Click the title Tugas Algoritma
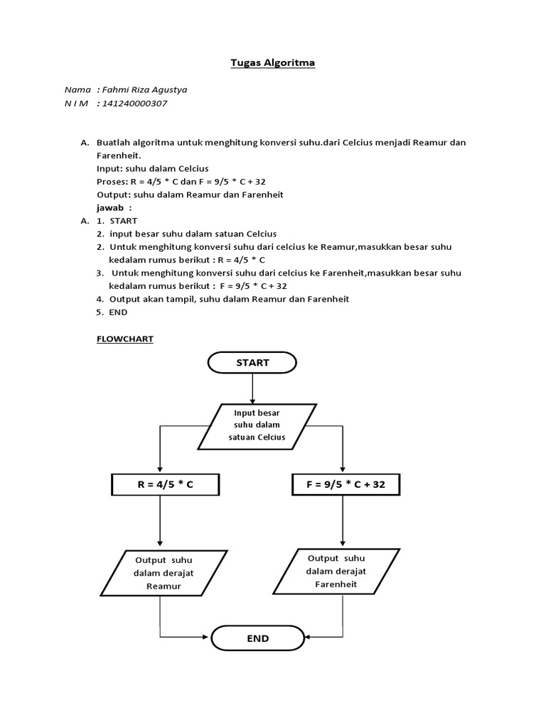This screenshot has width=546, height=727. click(x=272, y=62)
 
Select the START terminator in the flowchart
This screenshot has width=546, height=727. click(x=252, y=362)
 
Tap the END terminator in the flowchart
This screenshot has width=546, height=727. click(x=257, y=638)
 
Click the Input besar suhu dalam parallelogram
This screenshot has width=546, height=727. click(x=257, y=427)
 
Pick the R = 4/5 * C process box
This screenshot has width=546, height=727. click(x=165, y=485)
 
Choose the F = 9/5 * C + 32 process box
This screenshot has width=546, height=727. click(x=346, y=485)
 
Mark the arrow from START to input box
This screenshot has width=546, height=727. click(x=252, y=388)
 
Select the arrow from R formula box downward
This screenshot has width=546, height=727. click(x=162, y=522)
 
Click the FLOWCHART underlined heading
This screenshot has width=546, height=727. click(x=124, y=339)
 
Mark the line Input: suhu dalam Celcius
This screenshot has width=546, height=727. click(x=152, y=169)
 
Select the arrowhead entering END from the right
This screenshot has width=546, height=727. click(x=306, y=637)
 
